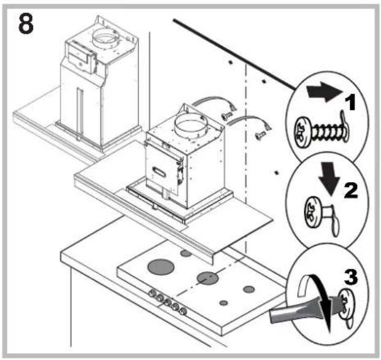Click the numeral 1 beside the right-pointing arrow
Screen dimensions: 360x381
coord(350,102)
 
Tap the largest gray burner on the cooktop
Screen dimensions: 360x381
coord(160,268)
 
